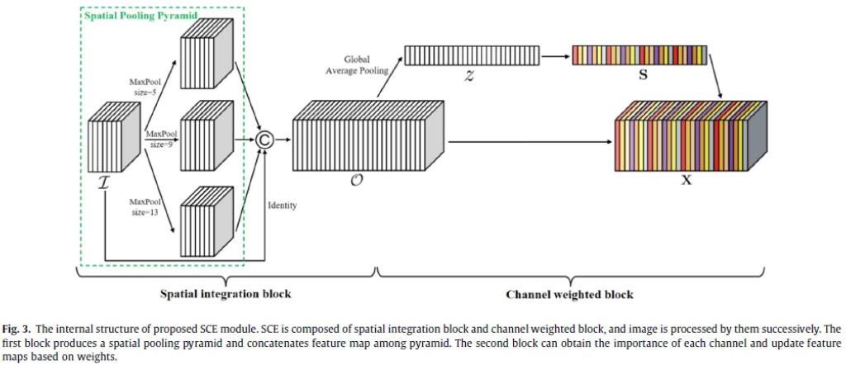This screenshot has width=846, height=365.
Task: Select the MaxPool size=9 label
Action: [162, 138]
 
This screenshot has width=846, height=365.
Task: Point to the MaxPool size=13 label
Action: [145, 206]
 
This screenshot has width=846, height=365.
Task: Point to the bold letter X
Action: [686, 180]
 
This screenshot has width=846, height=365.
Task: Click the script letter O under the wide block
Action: [357, 179]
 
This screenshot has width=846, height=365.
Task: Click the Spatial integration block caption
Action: [226, 294]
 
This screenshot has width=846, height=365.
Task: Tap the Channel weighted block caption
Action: [569, 294]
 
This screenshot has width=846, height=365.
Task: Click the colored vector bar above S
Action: [639, 55]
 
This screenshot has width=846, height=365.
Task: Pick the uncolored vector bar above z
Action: [471, 56]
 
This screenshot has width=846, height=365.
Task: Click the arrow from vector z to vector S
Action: [555, 56]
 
